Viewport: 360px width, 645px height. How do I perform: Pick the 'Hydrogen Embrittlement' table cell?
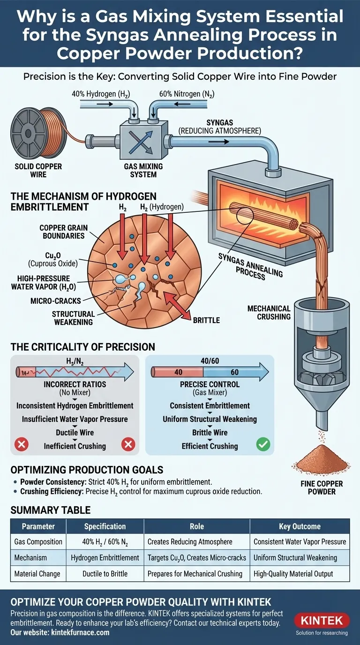(x=105, y=557)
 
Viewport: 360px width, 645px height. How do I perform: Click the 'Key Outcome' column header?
(x=300, y=526)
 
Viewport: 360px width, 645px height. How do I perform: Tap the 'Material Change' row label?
(x=38, y=573)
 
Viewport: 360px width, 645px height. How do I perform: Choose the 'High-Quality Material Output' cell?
(x=300, y=573)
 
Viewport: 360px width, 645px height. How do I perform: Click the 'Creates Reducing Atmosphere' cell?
(x=196, y=541)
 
